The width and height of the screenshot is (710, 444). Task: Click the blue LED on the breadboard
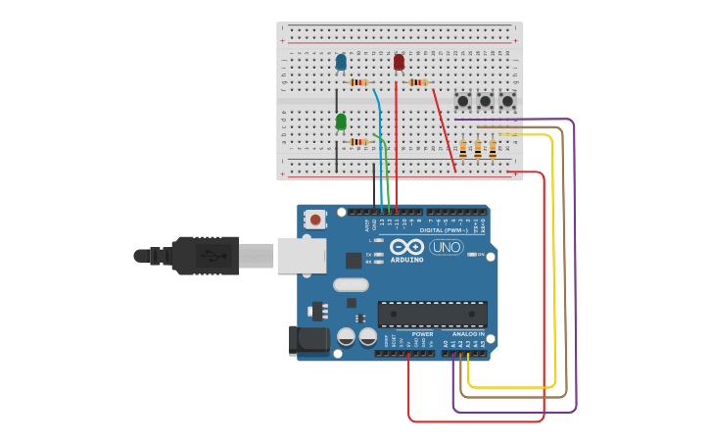pos(341,63)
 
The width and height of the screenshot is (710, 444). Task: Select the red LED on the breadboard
pos(399,63)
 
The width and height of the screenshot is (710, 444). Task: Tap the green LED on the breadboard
pos(341,122)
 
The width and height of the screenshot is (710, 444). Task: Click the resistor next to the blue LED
pos(359,82)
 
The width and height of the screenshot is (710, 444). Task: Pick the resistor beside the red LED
pos(418,82)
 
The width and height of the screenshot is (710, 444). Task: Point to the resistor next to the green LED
pos(359,142)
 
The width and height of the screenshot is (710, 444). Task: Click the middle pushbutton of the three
pos(485,100)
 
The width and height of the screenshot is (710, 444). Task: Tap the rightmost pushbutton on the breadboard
pos(507,100)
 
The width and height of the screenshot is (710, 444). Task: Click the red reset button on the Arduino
pos(315,220)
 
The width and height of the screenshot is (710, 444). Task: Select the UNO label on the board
pos(447,247)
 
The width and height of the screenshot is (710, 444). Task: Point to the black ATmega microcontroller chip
pos(432,315)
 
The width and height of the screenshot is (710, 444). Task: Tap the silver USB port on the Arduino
pos(301,255)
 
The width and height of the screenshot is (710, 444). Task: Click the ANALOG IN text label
pos(467,334)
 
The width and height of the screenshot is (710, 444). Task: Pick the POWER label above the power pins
pos(421,334)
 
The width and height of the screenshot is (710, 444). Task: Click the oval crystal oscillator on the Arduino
pos(351,285)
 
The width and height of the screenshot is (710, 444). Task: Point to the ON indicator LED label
pos(481,255)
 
